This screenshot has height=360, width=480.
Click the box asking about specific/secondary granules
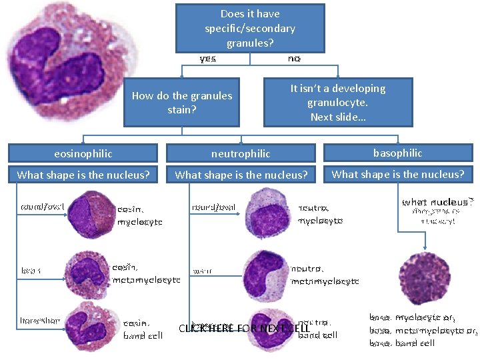(x=250, y=28)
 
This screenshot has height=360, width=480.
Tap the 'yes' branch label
(x=208, y=59)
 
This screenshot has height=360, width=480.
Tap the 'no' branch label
(x=294, y=59)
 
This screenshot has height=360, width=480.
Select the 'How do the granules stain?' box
(x=181, y=102)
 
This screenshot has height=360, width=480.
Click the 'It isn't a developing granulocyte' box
(x=338, y=102)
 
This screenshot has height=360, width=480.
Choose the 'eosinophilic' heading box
(x=83, y=153)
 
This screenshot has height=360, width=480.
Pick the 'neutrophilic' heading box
(x=241, y=153)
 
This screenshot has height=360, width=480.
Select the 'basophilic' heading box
(x=397, y=153)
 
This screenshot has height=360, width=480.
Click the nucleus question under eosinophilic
(x=83, y=175)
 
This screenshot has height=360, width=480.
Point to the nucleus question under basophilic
(x=397, y=174)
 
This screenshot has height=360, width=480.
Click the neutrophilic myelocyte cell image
(x=269, y=211)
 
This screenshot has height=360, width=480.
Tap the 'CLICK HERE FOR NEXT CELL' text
(x=243, y=328)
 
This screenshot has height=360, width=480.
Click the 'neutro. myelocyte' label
(x=320, y=213)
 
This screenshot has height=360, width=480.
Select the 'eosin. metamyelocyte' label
(x=146, y=273)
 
